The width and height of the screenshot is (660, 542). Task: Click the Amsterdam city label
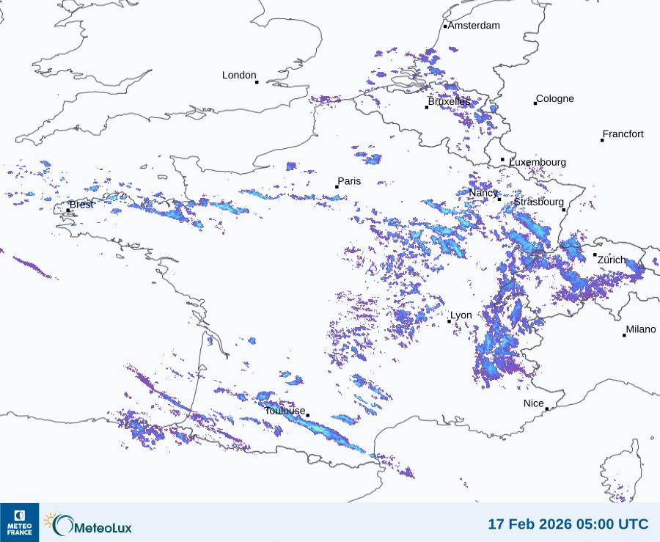point(474,26)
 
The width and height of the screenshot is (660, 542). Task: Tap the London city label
point(239,76)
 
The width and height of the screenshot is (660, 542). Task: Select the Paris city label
point(350,181)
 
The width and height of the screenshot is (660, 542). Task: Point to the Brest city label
point(81,205)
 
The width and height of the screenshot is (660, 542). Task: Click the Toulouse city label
point(285,411)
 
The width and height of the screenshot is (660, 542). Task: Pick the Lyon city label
point(461,315)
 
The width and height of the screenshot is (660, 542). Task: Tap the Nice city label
point(533,404)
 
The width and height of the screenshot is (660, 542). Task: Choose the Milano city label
point(641,330)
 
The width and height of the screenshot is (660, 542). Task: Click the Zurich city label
point(612,260)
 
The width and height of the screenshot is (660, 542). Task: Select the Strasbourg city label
point(538,202)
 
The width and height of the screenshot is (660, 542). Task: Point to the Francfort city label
point(623,134)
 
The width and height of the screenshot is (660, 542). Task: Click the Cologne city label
point(555,99)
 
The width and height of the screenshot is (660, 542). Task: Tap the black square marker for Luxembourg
point(502,159)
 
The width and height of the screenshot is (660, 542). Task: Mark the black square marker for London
point(257,82)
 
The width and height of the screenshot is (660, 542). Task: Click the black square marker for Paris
point(337,187)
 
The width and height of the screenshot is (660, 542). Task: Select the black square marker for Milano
point(624,335)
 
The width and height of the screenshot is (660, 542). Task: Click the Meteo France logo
point(19,521)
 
